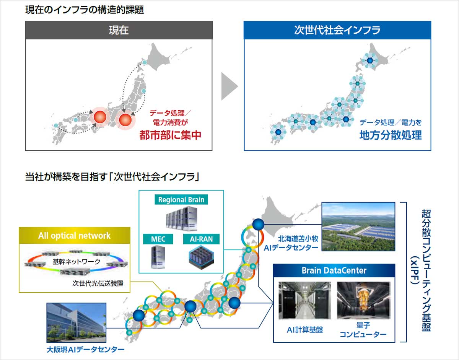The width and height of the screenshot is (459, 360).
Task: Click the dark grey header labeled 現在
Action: (x=119, y=30)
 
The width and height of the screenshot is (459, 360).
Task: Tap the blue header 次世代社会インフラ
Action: (x=337, y=30)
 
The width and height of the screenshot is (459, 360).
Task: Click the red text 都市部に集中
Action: (x=170, y=135)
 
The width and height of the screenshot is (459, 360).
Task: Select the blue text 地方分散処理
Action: (x=391, y=135)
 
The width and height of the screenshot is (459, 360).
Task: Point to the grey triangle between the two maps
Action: (x=229, y=86)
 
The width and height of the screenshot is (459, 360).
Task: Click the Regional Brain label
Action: (x=181, y=200)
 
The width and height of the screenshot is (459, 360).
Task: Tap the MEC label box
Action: (x=158, y=239)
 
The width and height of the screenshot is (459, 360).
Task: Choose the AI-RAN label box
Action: (x=201, y=239)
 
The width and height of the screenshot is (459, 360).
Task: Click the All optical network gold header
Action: (x=74, y=236)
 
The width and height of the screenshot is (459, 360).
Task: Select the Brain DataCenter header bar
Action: (x=334, y=270)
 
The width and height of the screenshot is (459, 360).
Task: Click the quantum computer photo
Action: (x=363, y=300)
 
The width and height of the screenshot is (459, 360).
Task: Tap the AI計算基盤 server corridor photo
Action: (x=304, y=300)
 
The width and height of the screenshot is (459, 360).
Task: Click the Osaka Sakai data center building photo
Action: (x=76, y=323)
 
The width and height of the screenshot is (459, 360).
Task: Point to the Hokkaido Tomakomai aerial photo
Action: (x=358, y=226)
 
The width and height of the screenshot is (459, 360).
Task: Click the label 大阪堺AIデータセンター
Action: (x=85, y=350)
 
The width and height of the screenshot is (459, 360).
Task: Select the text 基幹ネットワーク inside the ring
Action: (x=76, y=262)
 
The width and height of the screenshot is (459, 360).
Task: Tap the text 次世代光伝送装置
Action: (x=98, y=283)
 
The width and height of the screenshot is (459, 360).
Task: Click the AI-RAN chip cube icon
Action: (x=201, y=257)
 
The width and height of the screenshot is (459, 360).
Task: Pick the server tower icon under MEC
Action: (x=158, y=257)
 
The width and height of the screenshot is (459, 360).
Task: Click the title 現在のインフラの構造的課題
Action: (x=85, y=10)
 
